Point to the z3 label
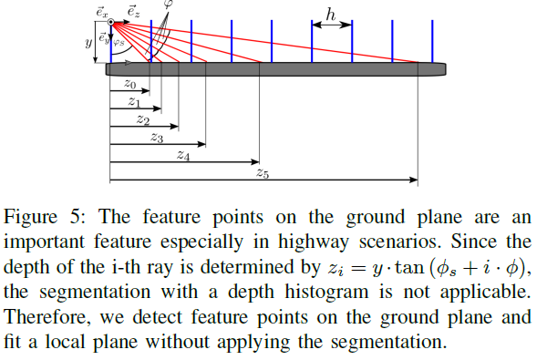point(156,138)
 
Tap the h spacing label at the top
point(333,15)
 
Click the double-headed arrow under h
point(332,27)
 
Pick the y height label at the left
point(88,42)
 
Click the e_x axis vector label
point(102,11)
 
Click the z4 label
point(183,155)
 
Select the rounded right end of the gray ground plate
point(442,67)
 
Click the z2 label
point(142,119)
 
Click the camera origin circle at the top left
point(110,22)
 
